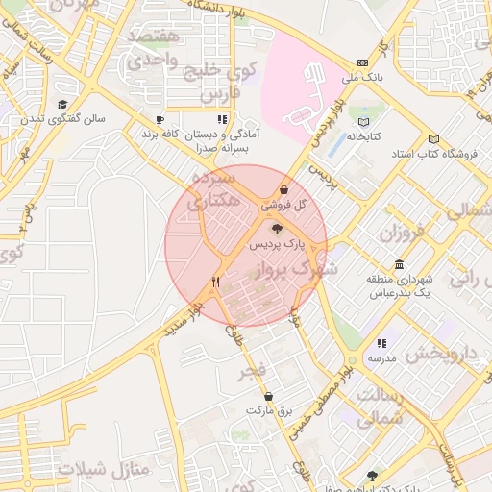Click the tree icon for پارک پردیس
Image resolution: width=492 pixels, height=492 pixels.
[278, 229]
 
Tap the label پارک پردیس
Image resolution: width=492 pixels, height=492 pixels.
[273, 246]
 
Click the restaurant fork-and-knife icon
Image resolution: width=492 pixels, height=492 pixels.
[216, 283]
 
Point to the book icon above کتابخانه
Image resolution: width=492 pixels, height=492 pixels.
[363, 122]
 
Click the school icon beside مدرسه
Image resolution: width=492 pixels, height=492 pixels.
[381, 343]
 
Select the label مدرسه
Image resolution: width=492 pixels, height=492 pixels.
[381, 358]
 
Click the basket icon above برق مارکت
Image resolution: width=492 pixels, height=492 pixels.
[268, 395]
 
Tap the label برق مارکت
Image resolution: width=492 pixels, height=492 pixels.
[267, 410]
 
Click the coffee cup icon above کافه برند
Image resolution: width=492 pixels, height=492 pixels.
[160, 120]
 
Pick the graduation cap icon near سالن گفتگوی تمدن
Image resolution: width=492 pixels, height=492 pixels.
[62, 105]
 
